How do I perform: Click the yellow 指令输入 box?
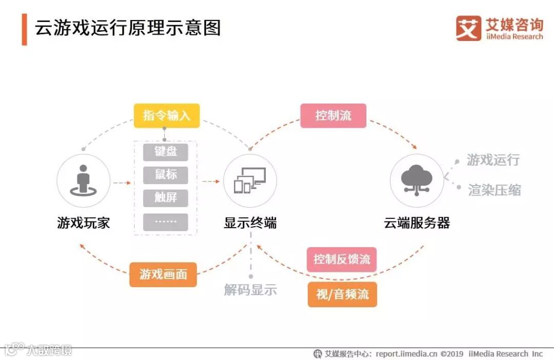click(167, 115)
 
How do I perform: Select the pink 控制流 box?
click(333, 115)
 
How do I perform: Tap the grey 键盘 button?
click(166, 152)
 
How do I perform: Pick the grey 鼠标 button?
click(166, 175)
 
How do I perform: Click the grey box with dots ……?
click(166, 222)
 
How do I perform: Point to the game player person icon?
click(83, 181)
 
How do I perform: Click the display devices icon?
click(250, 181)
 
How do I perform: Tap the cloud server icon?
click(416, 179)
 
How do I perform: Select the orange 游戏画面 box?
click(163, 274)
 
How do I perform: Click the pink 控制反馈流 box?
click(342, 259)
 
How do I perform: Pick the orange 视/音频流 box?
click(342, 294)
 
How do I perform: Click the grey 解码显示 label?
click(250, 290)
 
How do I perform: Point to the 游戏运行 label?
click(493, 160)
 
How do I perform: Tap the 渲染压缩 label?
click(494, 190)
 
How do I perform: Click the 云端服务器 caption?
click(417, 223)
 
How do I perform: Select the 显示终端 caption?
click(250, 223)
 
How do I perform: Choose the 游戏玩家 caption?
click(83, 223)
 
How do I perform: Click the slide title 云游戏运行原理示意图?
click(128, 28)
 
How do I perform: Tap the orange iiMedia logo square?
click(468, 28)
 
